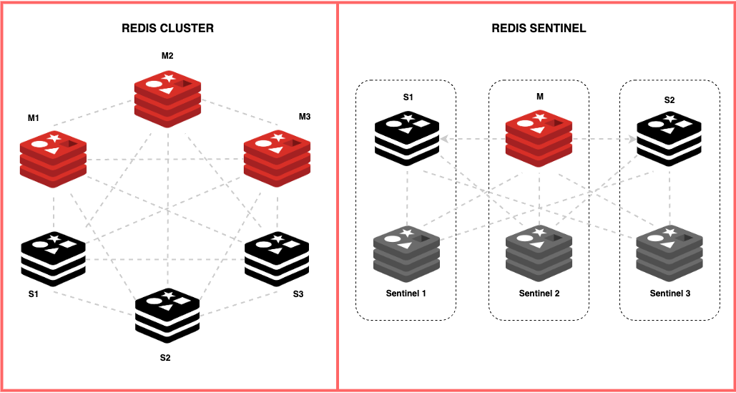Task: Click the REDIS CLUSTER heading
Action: (x=167, y=29)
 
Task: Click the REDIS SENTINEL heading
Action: (x=539, y=29)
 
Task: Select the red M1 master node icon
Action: (x=54, y=159)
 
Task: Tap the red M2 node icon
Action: (x=167, y=99)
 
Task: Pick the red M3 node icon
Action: (x=277, y=159)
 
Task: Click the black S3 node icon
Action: (x=277, y=259)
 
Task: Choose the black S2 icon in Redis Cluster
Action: (x=167, y=316)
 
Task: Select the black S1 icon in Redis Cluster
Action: (x=54, y=259)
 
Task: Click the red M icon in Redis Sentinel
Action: (x=539, y=139)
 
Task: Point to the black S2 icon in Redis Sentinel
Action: (x=669, y=139)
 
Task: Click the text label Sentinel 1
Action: (x=406, y=293)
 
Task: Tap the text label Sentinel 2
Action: (x=539, y=293)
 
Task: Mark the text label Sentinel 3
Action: (x=669, y=293)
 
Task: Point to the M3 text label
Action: (x=305, y=117)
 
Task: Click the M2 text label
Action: (x=167, y=56)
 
